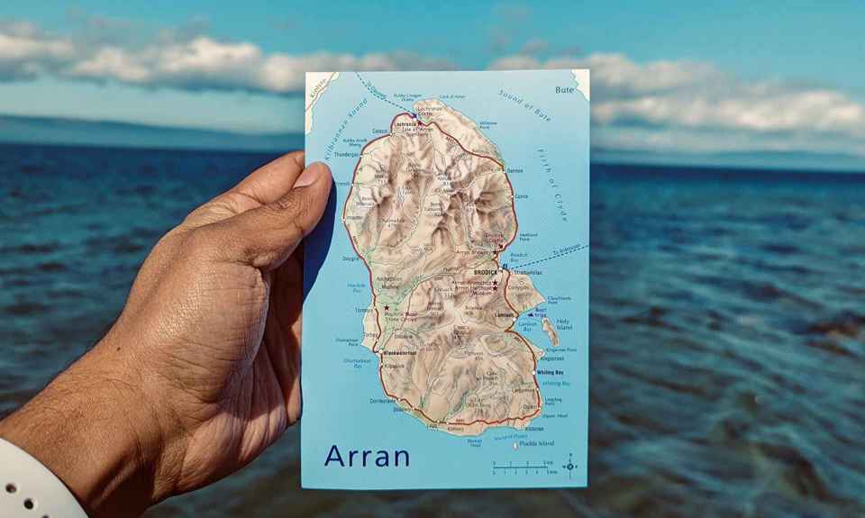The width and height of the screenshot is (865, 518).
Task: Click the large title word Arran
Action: pyautogui.click(x=367, y=456)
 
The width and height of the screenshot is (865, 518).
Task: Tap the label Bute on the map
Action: pyautogui.click(x=564, y=90)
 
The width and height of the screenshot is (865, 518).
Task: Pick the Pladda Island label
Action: pyautogui.click(x=536, y=443)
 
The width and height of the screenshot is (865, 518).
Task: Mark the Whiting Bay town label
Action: pyautogui.click(x=550, y=372)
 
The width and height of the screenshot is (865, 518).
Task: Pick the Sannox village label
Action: pyautogui.click(x=514, y=170)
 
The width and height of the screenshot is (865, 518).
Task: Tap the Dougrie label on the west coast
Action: pyautogui.click(x=351, y=259)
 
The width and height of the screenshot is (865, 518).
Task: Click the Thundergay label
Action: pyautogui.click(x=347, y=154)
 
